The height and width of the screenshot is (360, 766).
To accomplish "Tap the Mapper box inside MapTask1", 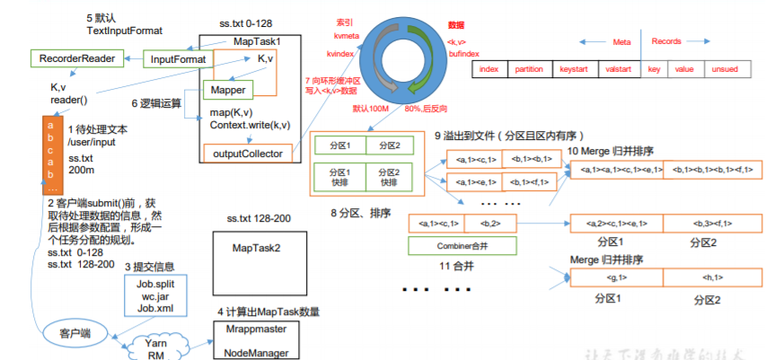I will (230, 90).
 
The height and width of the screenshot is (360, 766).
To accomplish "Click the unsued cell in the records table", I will (725, 69).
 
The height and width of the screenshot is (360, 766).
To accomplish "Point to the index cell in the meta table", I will (489, 69).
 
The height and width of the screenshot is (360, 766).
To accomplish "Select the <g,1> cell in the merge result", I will (616, 278).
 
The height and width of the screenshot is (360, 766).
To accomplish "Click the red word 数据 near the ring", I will (457, 26).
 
